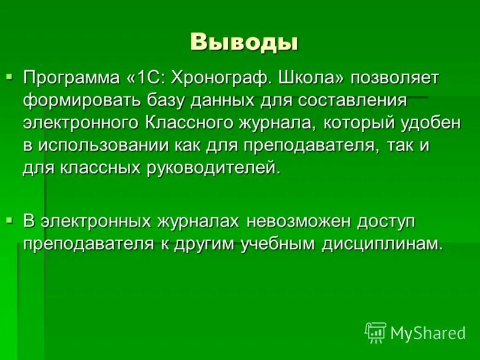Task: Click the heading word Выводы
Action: click(x=244, y=42)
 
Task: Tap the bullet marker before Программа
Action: click(x=9, y=76)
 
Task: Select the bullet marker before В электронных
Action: click(x=9, y=220)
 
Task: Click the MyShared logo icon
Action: click(x=376, y=332)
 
